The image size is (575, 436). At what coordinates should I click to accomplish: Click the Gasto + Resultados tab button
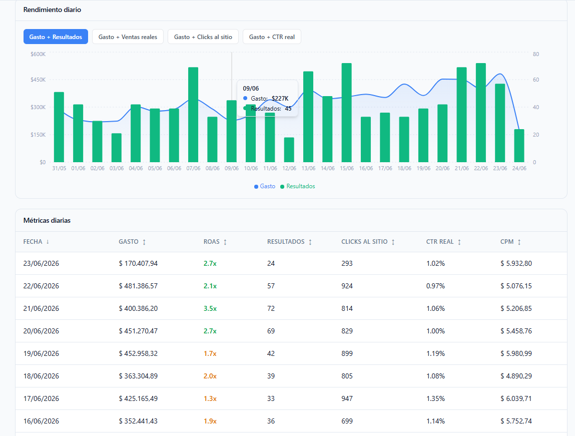click(56, 37)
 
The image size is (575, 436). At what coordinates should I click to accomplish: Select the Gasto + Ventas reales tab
click(128, 37)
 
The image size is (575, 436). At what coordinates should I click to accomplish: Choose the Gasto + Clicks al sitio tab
click(203, 37)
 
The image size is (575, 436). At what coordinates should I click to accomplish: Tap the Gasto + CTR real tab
click(272, 37)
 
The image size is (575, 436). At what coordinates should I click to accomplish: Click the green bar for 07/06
click(193, 115)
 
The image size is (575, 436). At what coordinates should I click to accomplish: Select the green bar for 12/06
click(289, 150)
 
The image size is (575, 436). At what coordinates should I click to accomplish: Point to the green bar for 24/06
click(519, 146)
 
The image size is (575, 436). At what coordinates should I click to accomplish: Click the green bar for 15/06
click(346, 113)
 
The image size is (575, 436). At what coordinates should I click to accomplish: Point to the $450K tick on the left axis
click(38, 80)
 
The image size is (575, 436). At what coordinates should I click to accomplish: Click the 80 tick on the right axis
click(536, 54)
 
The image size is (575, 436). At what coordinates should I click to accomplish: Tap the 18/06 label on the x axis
click(404, 168)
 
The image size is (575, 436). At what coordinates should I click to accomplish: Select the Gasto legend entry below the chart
click(264, 186)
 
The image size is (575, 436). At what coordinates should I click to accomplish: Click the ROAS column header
click(212, 242)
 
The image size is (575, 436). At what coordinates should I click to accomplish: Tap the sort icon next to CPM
click(519, 242)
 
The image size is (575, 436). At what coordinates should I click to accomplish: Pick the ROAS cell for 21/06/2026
click(210, 308)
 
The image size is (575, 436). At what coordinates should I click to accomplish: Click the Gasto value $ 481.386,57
click(138, 286)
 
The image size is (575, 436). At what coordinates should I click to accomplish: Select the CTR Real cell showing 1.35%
click(435, 398)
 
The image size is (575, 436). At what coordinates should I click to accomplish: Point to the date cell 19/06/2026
click(41, 353)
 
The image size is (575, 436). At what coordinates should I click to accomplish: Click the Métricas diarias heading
click(47, 220)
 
